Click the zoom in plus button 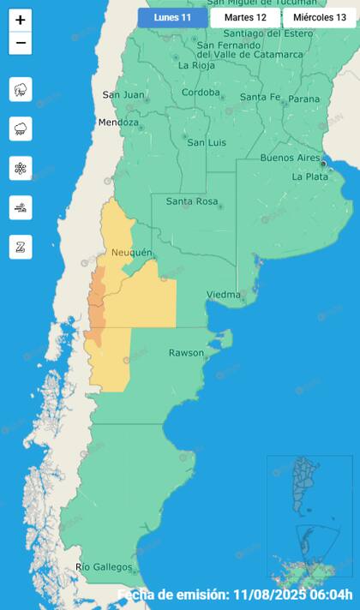pos(21,20)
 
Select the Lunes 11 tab pos(172,17)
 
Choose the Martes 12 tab pos(245,17)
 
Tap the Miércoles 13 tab pos(319,17)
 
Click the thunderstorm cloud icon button pos(21,89)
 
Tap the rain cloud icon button pos(21,129)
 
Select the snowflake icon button pos(21,168)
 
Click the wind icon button pos(21,207)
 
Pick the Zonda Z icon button pos(21,247)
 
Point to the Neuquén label pos(131,253)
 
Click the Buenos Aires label pos(290,158)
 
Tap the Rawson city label pos(186,353)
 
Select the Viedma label pos(223,295)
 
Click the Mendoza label pos(118,123)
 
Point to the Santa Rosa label pos(191,202)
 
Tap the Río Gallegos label pos(104,567)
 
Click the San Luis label pos(207,142)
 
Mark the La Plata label pos(309,176)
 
